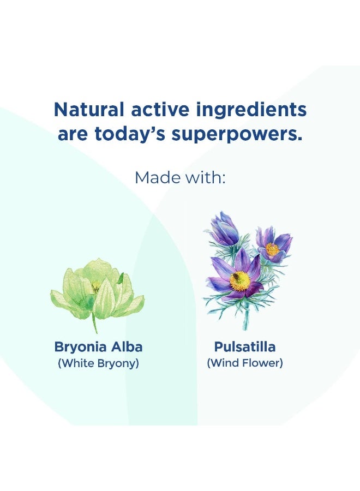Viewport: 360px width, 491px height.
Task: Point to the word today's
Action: (130, 135)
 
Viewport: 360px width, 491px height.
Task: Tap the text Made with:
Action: (180, 177)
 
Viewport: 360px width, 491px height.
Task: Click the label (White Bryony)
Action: (98, 363)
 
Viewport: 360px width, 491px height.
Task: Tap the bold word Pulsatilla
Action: (245, 346)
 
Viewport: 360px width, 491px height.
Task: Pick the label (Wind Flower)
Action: (245, 363)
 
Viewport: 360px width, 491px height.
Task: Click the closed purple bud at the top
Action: (224, 229)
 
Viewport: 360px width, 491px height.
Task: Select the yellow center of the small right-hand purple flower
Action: (272, 249)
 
